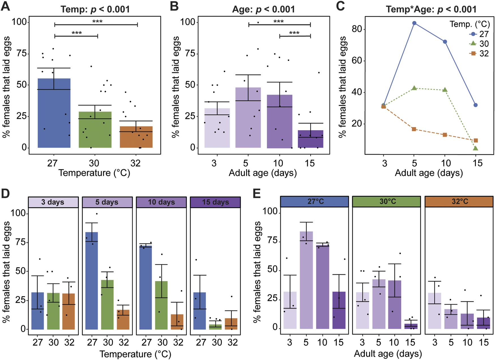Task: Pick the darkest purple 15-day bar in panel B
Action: [x=310, y=140]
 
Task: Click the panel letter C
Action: [x=340, y=6]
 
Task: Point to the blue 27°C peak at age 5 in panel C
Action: [x=414, y=23]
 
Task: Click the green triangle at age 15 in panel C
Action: [x=476, y=148]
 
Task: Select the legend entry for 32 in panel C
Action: [x=479, y=54]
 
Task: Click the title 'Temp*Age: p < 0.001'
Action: [x=431, y=9]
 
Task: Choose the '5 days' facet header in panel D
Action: [x=107, y=202]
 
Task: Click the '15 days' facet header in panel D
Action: [x=215, y=202]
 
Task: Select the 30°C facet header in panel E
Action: [x=388, y=202]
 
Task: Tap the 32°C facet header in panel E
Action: [x=460, y=202]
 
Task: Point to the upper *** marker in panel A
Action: [x=97, y=22]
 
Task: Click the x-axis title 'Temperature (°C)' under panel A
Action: [x=94, y=173]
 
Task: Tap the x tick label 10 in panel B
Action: [x=278, y=163]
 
